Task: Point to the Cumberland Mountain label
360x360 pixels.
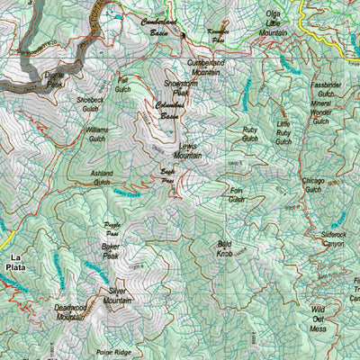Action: click(x=205, y=67)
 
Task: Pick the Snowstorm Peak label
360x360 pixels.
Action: click(x=176, y=87)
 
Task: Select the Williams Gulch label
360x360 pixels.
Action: click(x=97, y=134)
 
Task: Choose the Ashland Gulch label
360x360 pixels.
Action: click(x=102, y=177)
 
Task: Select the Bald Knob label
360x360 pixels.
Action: click(x=225, y=248)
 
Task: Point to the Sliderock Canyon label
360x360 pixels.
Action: click(x=333, y=238)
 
